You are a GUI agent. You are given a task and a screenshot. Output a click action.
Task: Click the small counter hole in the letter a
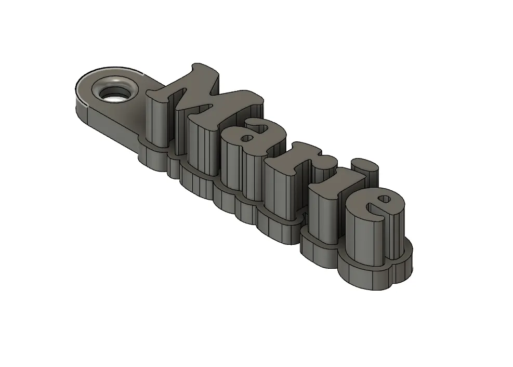[x=247, y=139]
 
